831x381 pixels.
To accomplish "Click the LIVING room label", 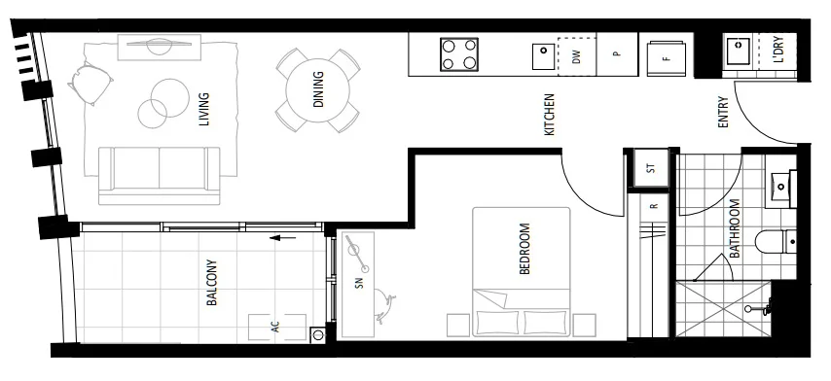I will pos(204,108).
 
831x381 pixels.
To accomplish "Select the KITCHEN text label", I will pos(549,115).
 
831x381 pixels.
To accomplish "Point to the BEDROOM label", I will pos(525,251).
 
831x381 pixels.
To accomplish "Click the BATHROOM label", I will pos(735,228).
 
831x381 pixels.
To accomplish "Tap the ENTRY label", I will pos(722,112).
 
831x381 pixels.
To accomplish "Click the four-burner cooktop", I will pos(460,53).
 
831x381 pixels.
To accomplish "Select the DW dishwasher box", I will pos(576,55).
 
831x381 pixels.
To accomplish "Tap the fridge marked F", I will pos(667,56).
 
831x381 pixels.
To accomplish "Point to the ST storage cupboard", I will pos(651,168).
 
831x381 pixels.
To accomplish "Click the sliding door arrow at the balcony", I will pos(282,236).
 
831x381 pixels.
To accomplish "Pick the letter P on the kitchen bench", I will pos(616,55).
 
